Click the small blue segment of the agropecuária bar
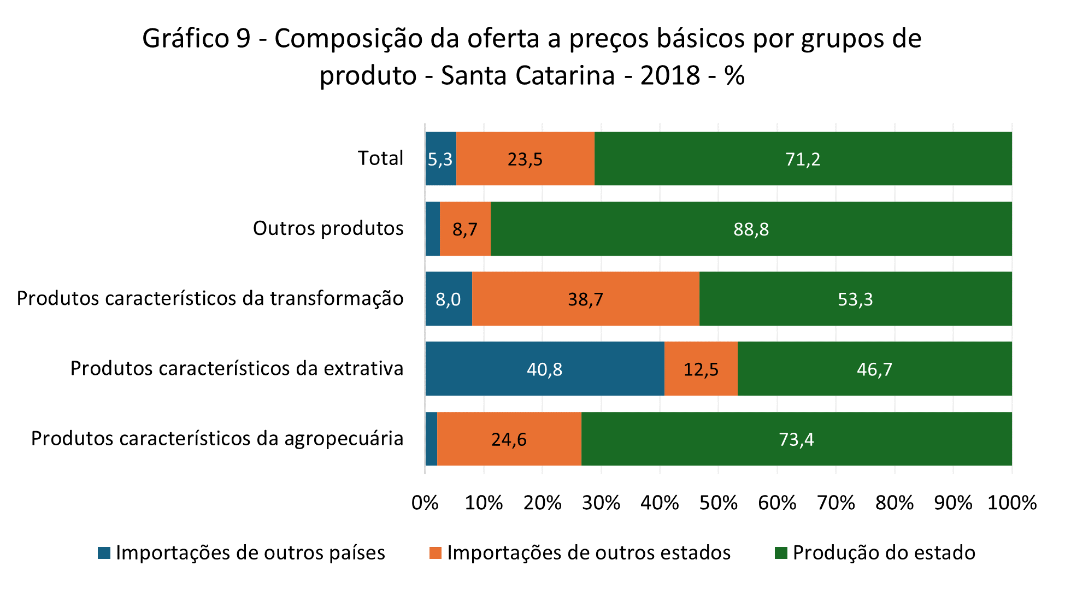[431, 439]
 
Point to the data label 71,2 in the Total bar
[803, 160]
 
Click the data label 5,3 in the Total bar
[440, 160]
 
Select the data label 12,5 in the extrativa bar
[701, 370]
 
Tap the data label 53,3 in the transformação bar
[855, 299]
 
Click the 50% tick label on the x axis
[718, 503]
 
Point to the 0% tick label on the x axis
[425, 503]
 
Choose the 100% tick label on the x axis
[1011, 503]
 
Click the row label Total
[380, 158]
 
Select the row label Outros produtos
[328, 228]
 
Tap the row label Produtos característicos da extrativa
[237, 368]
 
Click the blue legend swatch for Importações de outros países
[104, 553]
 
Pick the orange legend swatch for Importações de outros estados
[435, 553]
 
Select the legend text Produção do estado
[884, 553]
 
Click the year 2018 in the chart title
[670, 75]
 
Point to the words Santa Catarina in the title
[527, 75]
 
